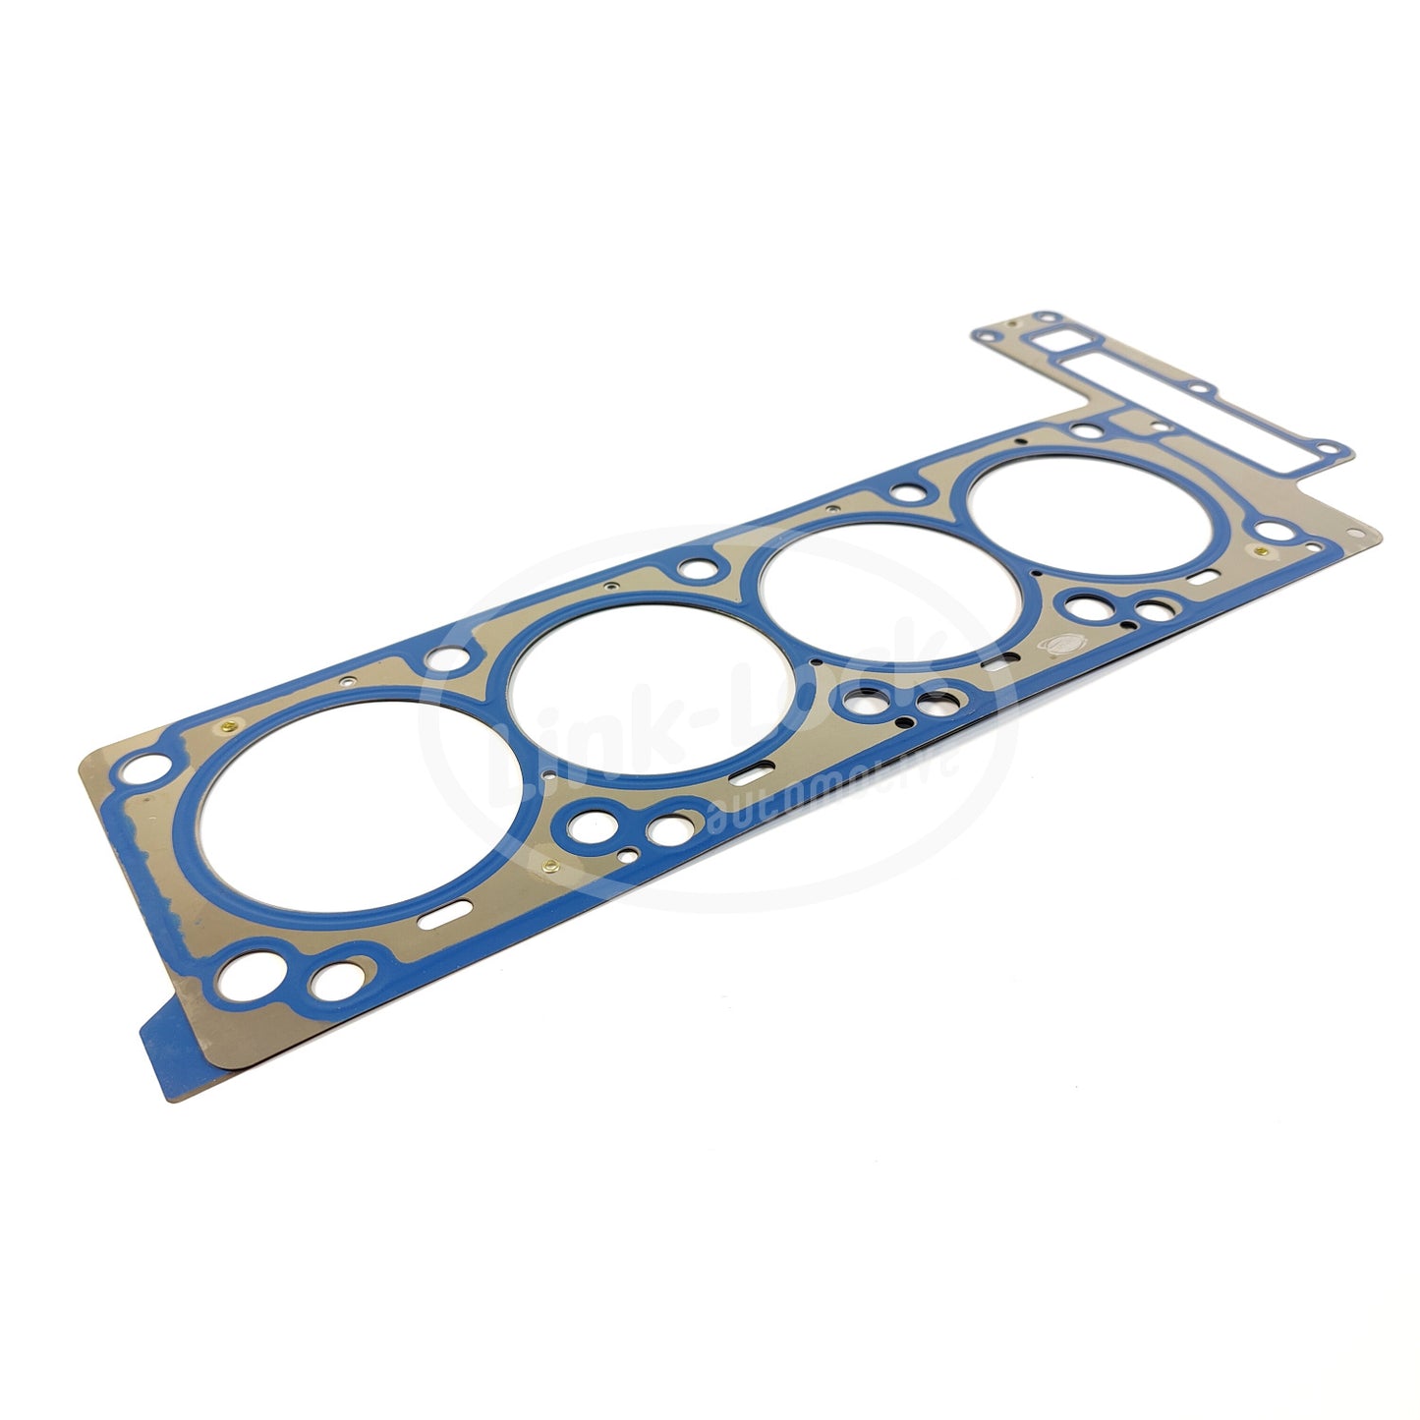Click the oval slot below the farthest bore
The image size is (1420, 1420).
1199,581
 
